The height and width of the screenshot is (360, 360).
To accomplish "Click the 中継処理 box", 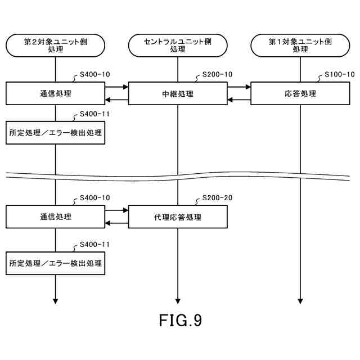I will (x=178, y=93).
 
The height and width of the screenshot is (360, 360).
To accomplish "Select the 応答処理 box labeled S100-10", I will (x=300, y=93).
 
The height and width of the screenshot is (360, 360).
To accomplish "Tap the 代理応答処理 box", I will (x=178, y=217).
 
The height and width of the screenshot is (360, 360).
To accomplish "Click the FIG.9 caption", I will (x=180, y=321).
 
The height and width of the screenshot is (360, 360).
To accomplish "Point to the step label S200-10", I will (x=217, y=75).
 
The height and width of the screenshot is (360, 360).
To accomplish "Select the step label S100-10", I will (x=340, y=75).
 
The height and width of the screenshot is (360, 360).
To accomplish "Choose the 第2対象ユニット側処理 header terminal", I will (x=55, y=45).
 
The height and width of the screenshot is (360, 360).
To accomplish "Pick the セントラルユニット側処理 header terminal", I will (x=178, y=45).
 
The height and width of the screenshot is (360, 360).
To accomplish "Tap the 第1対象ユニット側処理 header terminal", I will (x=300, y=45).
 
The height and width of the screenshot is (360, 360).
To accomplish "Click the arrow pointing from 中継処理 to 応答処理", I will (x=239, y=87).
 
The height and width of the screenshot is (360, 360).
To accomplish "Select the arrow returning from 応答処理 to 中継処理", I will (x=239, y=100).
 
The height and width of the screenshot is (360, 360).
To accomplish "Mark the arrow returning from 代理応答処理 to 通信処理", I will (x=117, y=223).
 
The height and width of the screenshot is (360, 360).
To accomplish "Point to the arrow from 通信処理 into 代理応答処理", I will (x=117, y=210).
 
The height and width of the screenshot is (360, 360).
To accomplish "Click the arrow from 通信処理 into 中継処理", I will (x=117, y=87).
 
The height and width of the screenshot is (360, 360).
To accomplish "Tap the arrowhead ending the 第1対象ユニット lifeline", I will (x=300, y=301).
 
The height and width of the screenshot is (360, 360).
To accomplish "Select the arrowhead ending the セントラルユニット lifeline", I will (x=178, y=301).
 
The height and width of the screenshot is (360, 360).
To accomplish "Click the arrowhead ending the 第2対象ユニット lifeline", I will (x=55, y=301).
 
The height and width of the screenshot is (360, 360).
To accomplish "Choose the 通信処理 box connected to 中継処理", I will (x=55, y=93).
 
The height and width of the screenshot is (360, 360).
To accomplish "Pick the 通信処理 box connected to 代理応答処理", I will (x=55, y=217).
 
